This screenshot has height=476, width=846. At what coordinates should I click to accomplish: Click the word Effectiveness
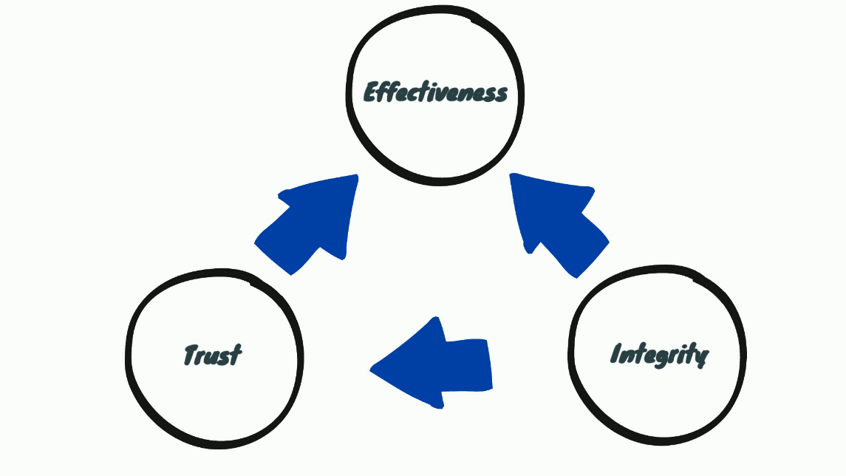[x=436, y=93]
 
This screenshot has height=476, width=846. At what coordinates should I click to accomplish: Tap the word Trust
[x=212, y=356]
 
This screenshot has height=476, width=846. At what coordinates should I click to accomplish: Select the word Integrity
[x=659, y=355]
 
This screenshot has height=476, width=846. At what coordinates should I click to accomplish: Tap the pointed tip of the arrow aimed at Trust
[x=372, y=367]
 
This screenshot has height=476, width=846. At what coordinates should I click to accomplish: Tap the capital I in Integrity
[x=615, y=354]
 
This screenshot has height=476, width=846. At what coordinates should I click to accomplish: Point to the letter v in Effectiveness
[x=446, y=94]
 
